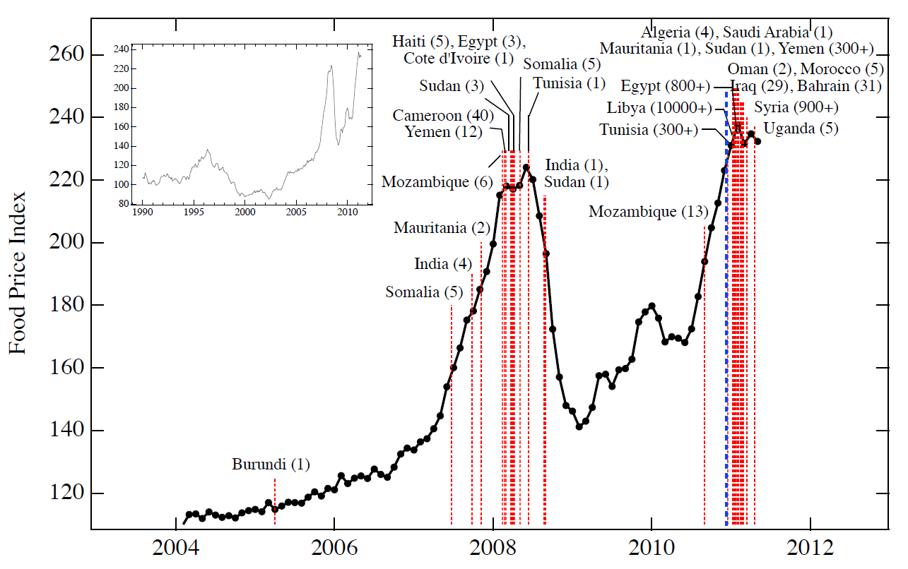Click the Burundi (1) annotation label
271,465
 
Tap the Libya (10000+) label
659,108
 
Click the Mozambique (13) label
648,212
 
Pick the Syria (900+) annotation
796,108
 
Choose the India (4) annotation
442,264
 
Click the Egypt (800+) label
666,86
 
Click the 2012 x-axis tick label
810,548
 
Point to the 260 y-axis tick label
66,54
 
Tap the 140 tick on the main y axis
66,431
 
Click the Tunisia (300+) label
649,130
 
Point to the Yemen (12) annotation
442,131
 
